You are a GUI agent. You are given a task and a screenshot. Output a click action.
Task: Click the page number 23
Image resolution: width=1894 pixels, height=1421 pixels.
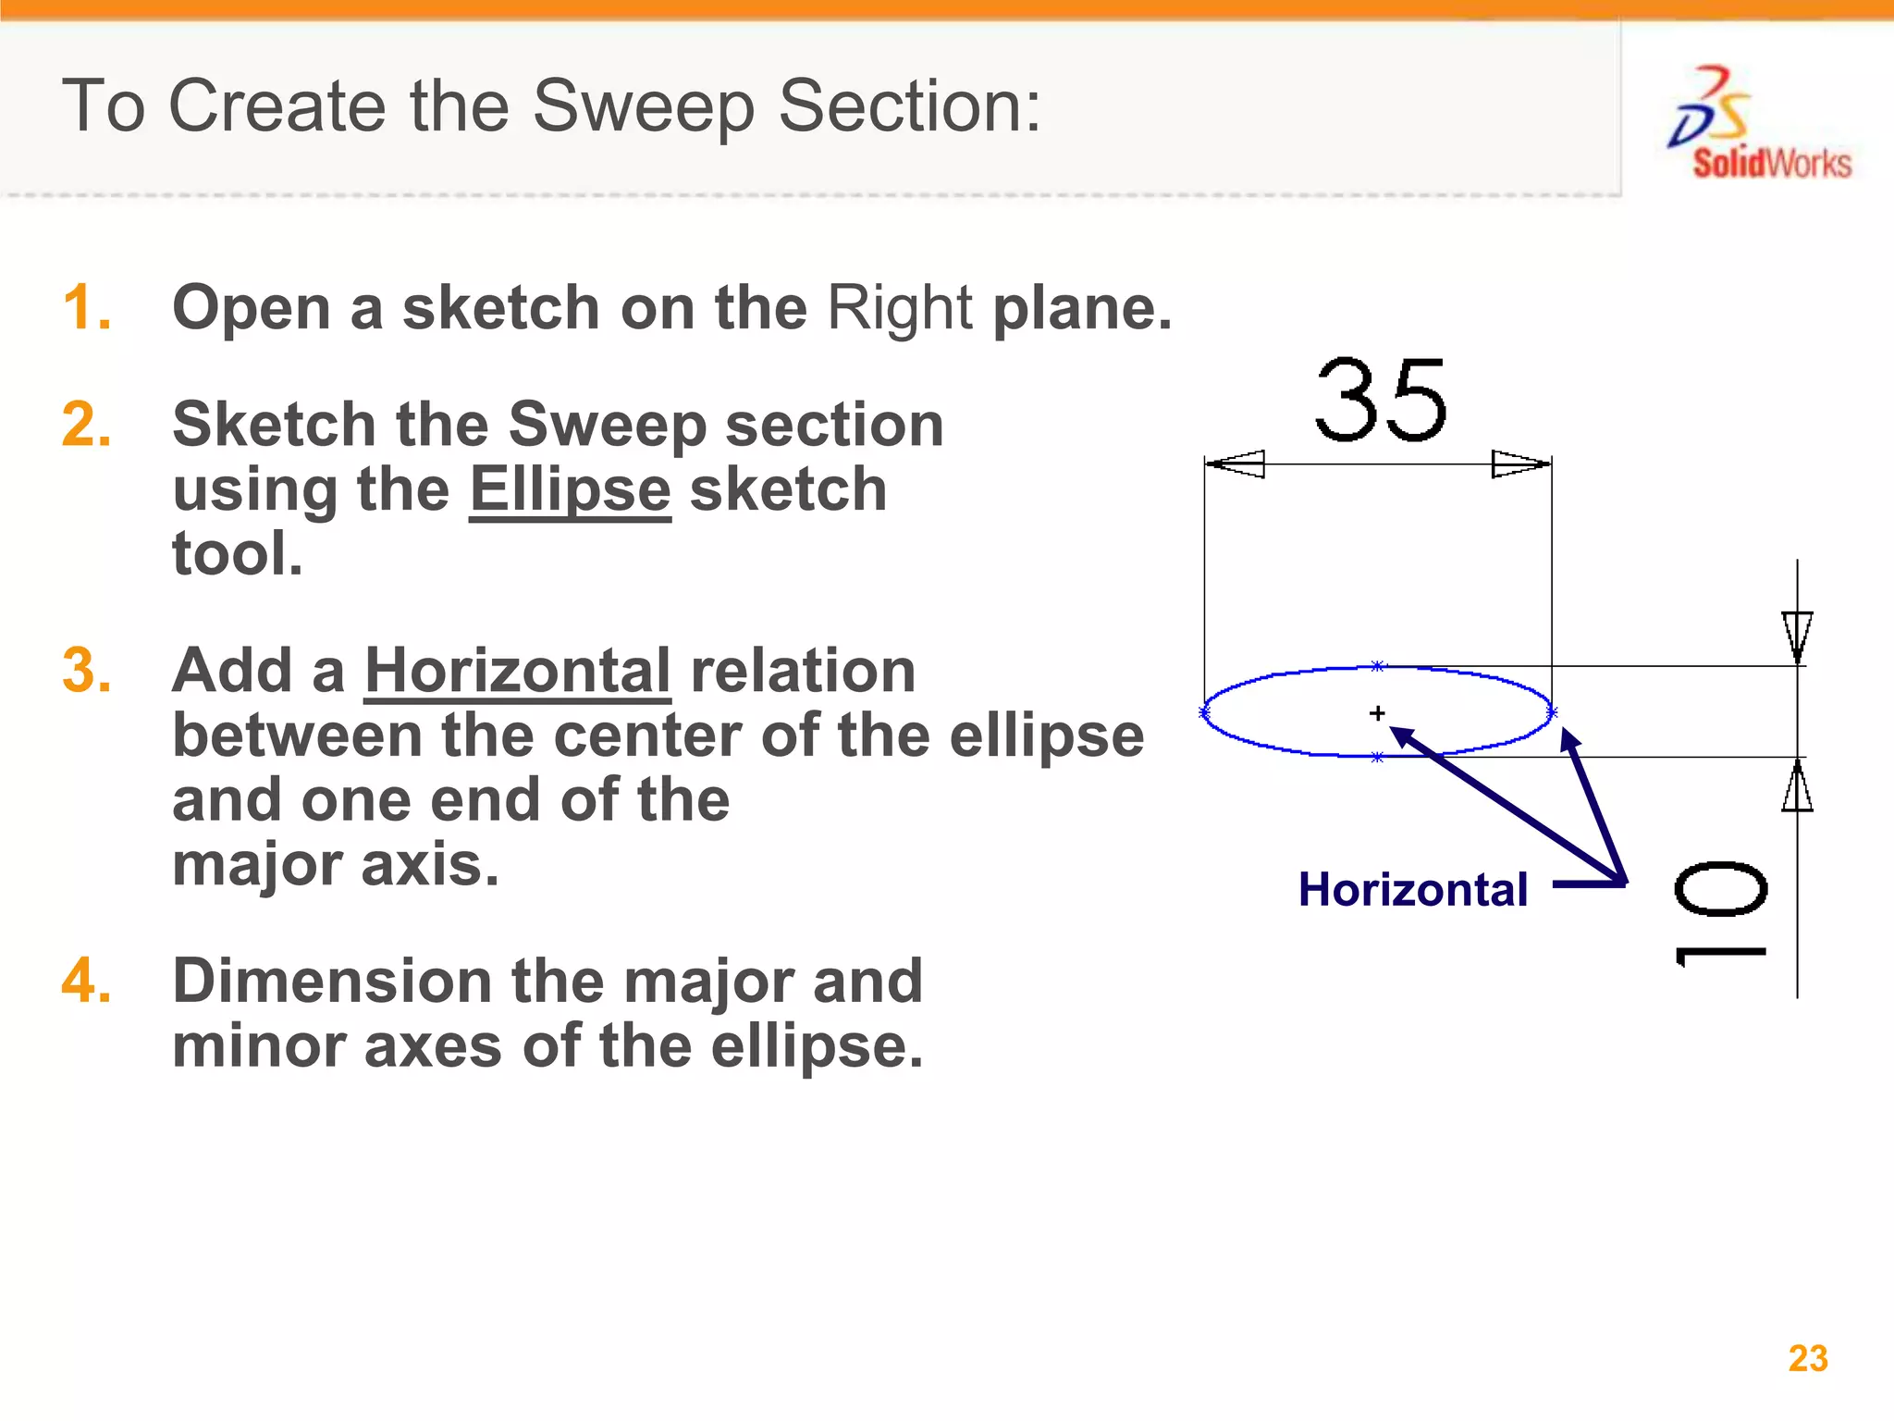[1808, 1358]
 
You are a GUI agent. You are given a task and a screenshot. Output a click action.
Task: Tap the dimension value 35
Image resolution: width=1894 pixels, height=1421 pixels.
[1381, 400]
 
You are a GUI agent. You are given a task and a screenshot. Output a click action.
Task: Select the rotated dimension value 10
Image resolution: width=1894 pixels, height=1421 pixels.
[1721, 914]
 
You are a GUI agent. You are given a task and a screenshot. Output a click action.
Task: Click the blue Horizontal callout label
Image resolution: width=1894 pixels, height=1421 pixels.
[1412, 890]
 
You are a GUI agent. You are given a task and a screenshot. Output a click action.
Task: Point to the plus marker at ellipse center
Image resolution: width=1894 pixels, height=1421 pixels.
[1377, 713]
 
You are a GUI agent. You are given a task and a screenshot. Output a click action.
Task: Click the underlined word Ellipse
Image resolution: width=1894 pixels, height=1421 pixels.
[570, 489]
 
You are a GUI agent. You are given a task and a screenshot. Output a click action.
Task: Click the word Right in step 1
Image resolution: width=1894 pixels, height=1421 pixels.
[899, 307]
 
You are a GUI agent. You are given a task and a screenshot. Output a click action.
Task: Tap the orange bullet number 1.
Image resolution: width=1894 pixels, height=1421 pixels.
[87, 307]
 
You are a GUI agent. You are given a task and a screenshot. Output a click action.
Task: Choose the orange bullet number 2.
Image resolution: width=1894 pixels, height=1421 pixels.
[87, 425]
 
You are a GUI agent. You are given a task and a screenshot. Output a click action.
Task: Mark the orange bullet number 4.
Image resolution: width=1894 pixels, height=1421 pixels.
[87, 981]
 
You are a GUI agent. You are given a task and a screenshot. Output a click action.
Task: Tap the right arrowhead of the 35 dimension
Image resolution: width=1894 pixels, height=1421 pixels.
[1520, 463]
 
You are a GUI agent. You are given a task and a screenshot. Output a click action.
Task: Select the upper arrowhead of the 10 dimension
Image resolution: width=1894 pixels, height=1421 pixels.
[1797, 636]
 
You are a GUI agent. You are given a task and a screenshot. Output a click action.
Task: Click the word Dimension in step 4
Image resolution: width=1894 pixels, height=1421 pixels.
[332, 981]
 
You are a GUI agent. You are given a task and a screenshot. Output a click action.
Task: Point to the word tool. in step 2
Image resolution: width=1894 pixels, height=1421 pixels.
[238, 554]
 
